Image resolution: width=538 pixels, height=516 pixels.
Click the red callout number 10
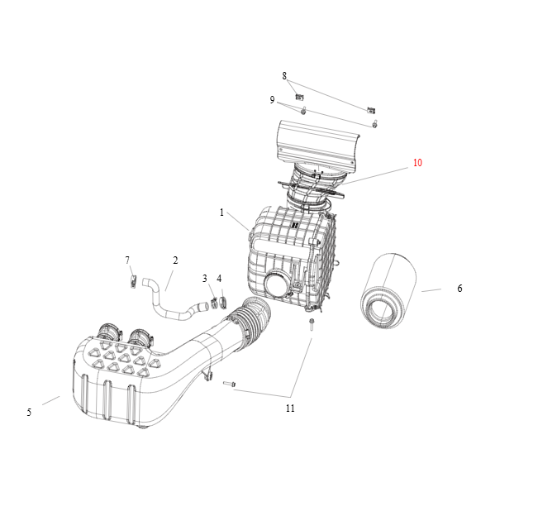point(417,162)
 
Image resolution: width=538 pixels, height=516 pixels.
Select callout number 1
point(221,213)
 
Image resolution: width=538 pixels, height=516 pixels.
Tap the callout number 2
point(175,260)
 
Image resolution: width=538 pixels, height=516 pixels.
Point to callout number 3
point(205,279)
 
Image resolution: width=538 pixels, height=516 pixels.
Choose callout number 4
point(219,279)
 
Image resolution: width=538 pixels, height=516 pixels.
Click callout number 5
point(29,412)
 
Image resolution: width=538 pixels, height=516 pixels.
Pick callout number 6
point(459,289)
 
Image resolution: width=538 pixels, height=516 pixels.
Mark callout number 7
point(127,260)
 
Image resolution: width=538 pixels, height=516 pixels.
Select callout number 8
point(284,76)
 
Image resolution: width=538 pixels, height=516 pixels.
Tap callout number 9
point(272,100)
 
